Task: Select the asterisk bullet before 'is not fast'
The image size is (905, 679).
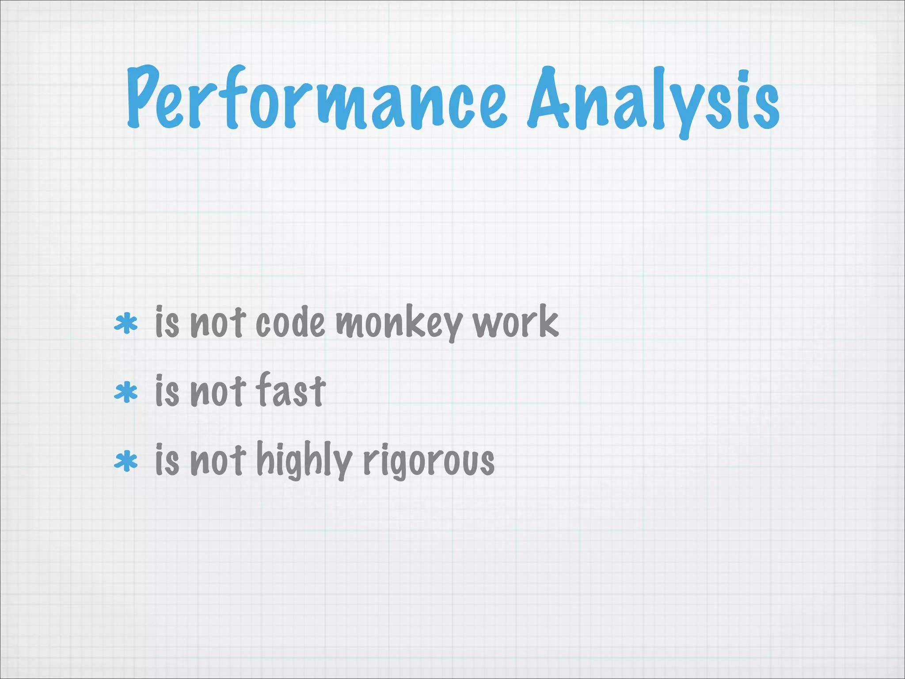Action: click(x=126, y=392)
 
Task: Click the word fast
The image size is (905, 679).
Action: click(x=291, y=390)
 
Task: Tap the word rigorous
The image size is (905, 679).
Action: click(x=428, y=462)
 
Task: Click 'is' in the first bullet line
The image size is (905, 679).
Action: click(x=167, y=322)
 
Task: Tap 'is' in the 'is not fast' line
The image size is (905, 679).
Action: click(x=167, y=391)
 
